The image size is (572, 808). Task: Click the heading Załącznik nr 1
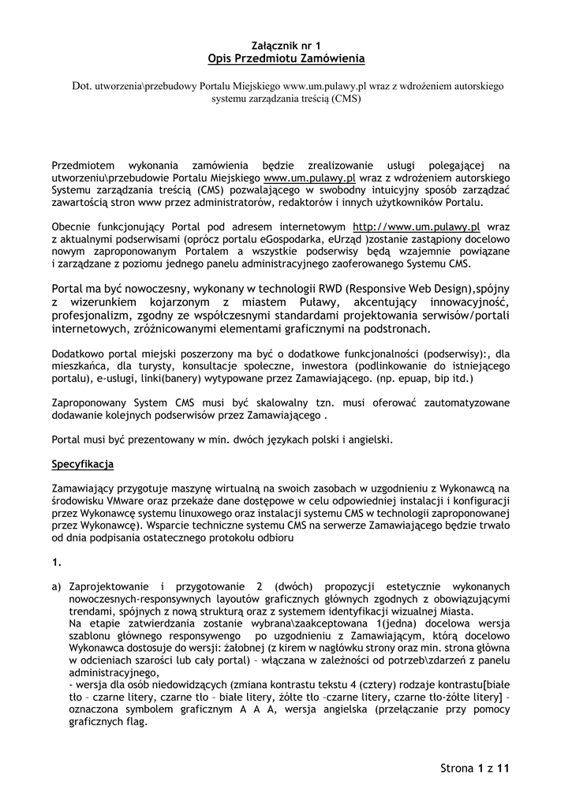(x=286, y=47)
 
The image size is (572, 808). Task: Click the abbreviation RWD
(x=332, y=286)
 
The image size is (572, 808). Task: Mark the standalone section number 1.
(x=55, y=563)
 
